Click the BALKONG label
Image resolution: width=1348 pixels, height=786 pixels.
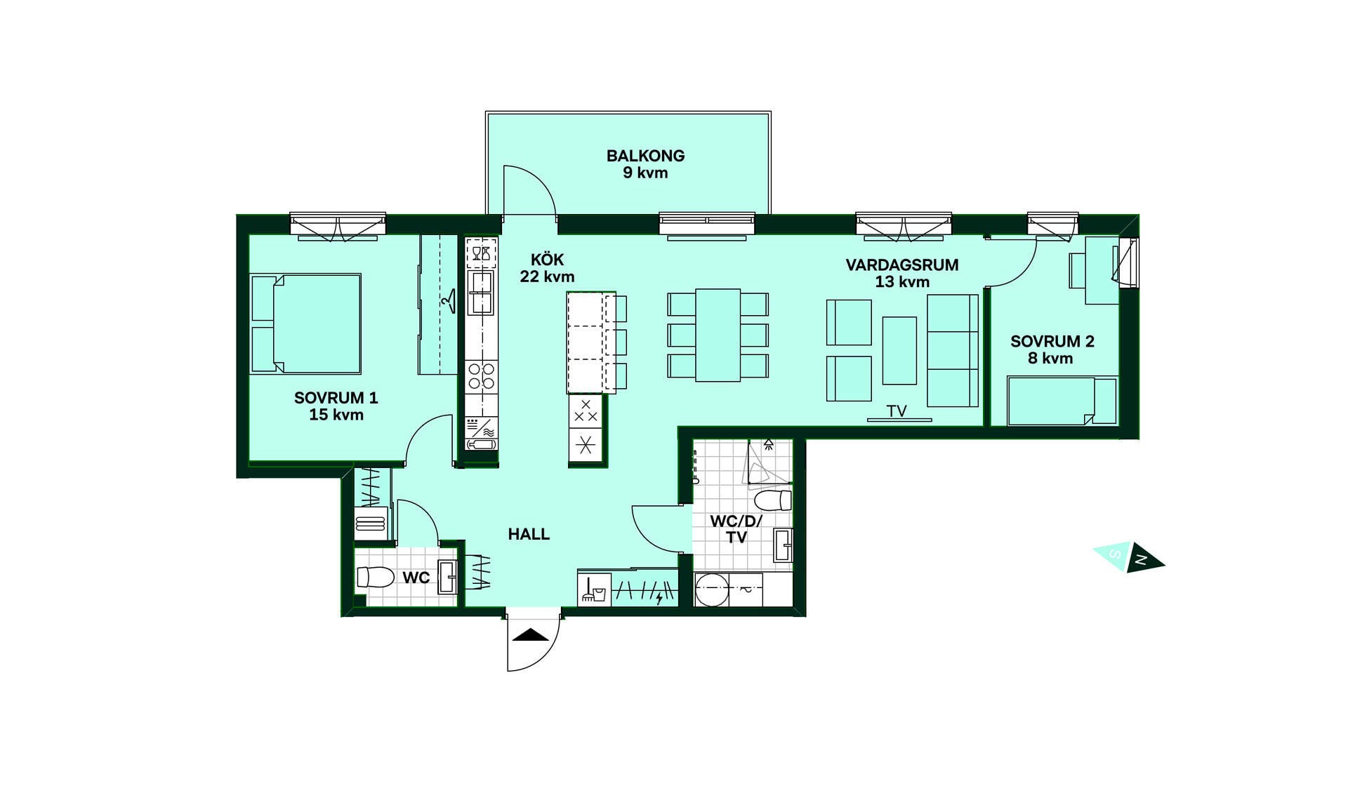click(645, 156)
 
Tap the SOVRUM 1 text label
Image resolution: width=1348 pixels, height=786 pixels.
click(336, 398)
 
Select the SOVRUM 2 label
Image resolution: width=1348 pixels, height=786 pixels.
click(1052, 342)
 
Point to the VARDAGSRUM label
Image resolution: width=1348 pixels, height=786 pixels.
click(901, 265)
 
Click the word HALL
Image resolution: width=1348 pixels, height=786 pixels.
click(529, 534)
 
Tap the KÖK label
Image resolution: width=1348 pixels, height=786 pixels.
click(547, 260)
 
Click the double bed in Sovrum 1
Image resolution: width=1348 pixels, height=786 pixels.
click(306, 324)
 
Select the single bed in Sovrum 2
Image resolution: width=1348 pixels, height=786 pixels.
click(1062, 401)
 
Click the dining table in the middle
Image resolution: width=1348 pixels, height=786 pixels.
click(718, 335)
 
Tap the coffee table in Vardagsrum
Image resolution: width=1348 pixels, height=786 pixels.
click(899, 350)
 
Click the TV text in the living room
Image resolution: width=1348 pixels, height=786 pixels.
click(897, 411)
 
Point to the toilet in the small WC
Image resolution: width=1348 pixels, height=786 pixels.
click(376, 577)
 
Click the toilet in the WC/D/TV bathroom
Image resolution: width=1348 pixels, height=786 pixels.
click(773, 500)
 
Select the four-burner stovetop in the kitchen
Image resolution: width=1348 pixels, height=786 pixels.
click(482, 375)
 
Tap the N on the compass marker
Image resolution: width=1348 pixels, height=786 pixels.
click(1141, 559)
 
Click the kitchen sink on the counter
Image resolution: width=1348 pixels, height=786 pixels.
click(482, 293)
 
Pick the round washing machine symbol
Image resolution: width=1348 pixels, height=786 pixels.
click(712, 589)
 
